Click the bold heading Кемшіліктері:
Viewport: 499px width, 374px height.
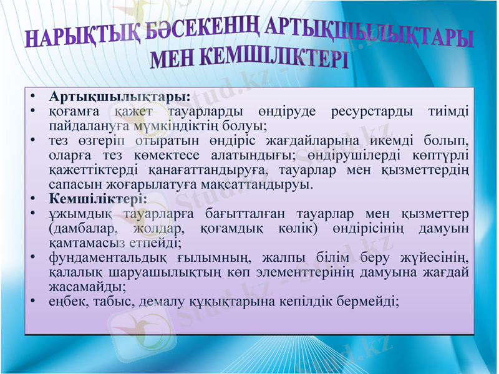(98, 200)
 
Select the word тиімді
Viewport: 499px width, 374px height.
(447, 112)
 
